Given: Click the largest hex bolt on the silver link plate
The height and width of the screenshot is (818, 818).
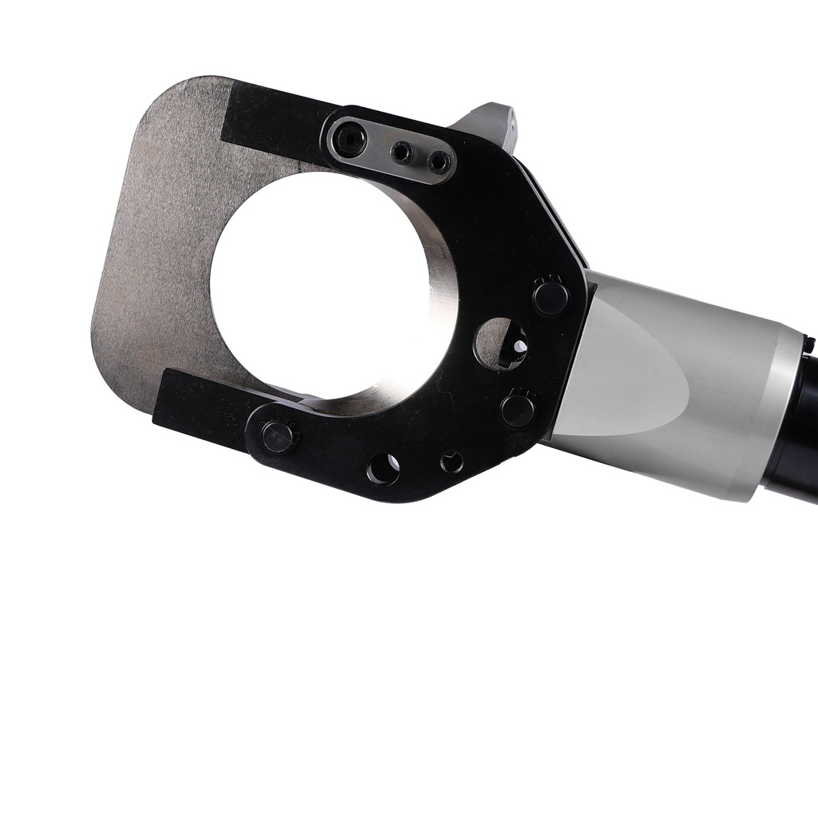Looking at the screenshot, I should point(350,141).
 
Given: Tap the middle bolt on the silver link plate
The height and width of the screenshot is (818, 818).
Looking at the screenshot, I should point(402,152).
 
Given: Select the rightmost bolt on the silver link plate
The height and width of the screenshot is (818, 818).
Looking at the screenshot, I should point(438,162).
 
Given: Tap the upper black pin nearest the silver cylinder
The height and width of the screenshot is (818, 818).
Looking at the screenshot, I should point(550,297).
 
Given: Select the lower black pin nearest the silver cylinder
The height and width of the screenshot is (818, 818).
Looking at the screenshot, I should point(518,410).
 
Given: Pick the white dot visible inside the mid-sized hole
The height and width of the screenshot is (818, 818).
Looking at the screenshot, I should point(519,346).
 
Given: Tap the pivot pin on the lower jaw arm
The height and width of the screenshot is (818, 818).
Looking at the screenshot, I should point(277,437).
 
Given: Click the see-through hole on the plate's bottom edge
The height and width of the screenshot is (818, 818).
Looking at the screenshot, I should point(383,468).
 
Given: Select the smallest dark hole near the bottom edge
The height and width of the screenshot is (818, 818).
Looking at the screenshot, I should point(451,462).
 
